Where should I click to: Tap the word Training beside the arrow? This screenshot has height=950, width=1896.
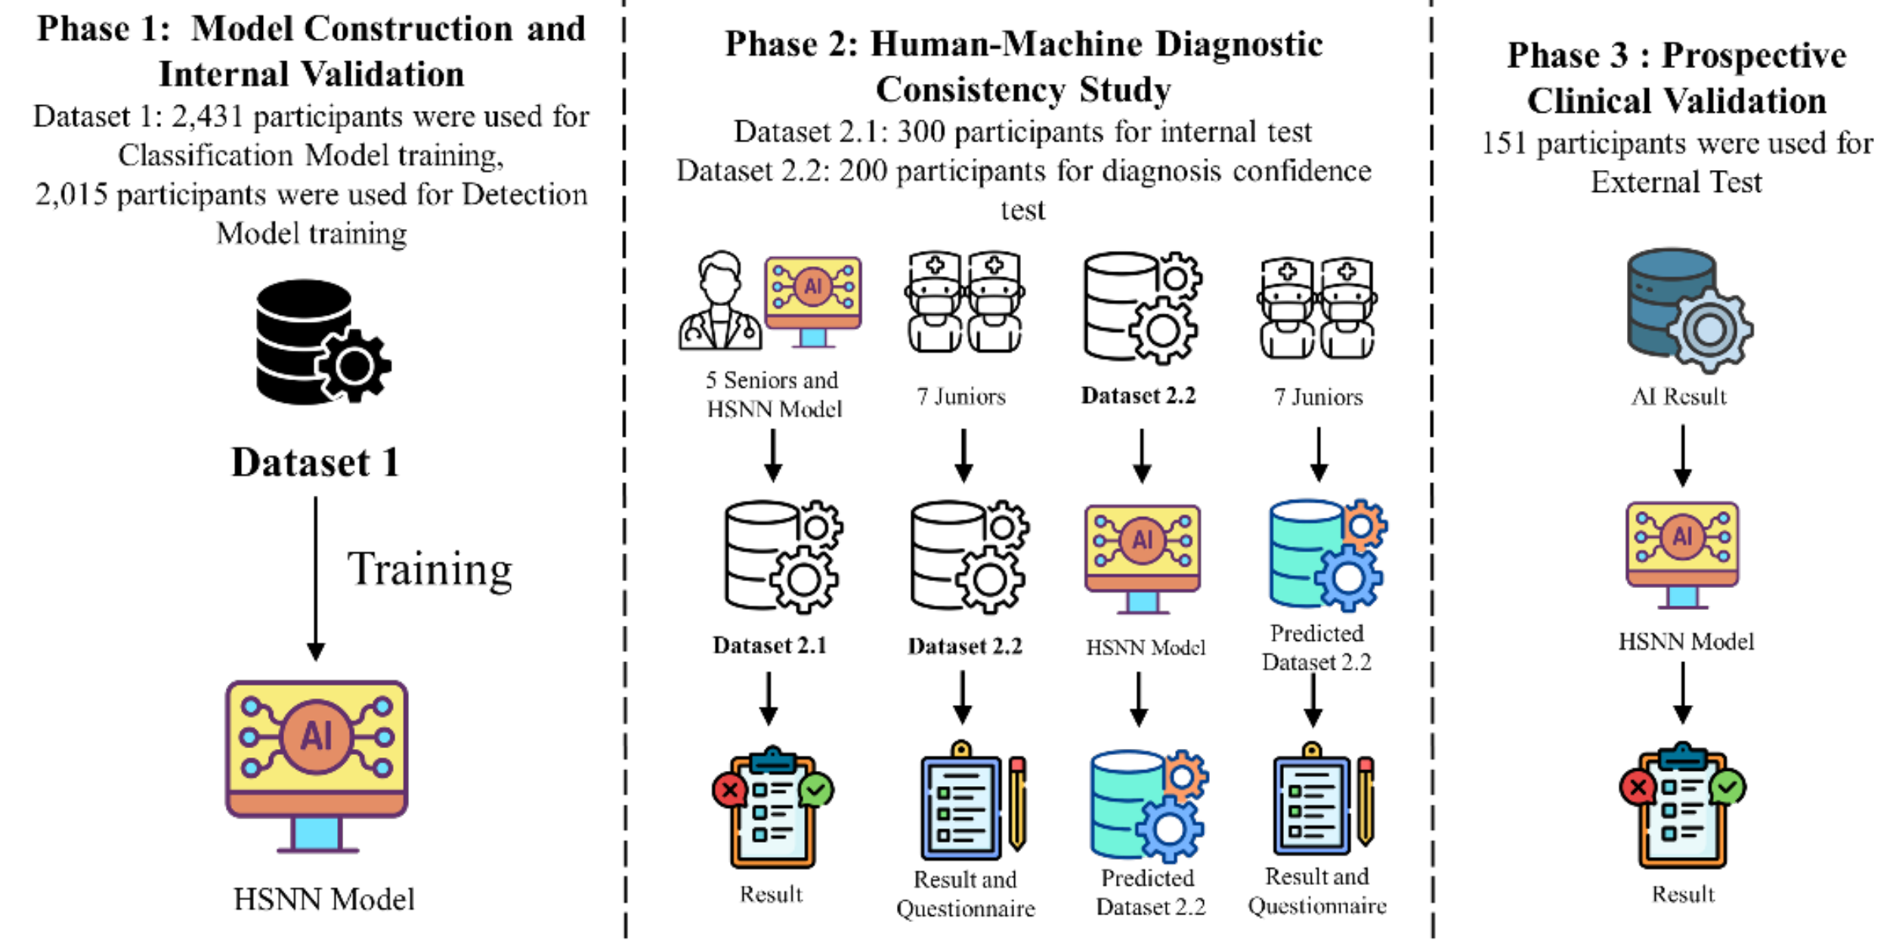429,569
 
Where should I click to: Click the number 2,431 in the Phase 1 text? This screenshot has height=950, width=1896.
207,117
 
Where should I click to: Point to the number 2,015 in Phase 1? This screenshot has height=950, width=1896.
71,195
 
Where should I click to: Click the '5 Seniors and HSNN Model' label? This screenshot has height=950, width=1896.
772,395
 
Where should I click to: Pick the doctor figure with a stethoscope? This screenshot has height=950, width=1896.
719,302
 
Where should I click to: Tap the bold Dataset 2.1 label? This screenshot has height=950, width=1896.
769,645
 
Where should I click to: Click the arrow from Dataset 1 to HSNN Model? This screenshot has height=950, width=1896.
316,578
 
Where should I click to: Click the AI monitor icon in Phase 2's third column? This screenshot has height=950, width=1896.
1142,557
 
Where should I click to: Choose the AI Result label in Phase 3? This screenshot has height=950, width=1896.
1678,396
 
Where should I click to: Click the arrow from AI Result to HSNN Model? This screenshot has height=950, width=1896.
1682,455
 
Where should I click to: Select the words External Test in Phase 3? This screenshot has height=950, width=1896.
1676,183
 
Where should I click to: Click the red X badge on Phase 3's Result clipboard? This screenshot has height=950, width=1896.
1638,788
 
